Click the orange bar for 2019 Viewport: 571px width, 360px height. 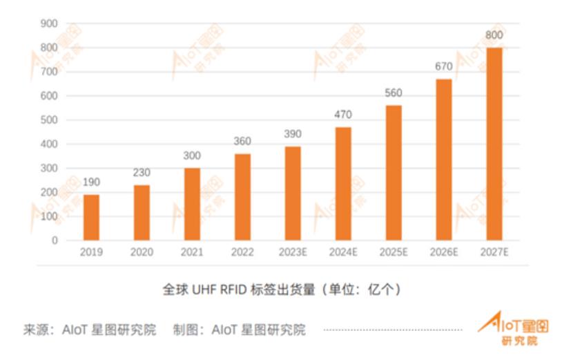91,217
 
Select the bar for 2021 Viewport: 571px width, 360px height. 192,204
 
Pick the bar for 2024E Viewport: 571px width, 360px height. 343,184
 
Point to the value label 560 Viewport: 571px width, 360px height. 394,93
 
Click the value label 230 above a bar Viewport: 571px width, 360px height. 142,173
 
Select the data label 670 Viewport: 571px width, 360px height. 444,67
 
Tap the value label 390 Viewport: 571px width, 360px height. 293,134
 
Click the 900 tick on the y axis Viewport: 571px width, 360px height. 48,23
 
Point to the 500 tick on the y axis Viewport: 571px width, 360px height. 48,120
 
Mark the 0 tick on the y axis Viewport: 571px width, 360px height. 54,240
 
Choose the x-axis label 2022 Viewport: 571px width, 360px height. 242,253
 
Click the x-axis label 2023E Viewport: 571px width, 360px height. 293,253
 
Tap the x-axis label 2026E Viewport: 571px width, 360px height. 444,253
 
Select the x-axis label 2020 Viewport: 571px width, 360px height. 142,253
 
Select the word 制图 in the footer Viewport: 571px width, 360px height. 186,330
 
